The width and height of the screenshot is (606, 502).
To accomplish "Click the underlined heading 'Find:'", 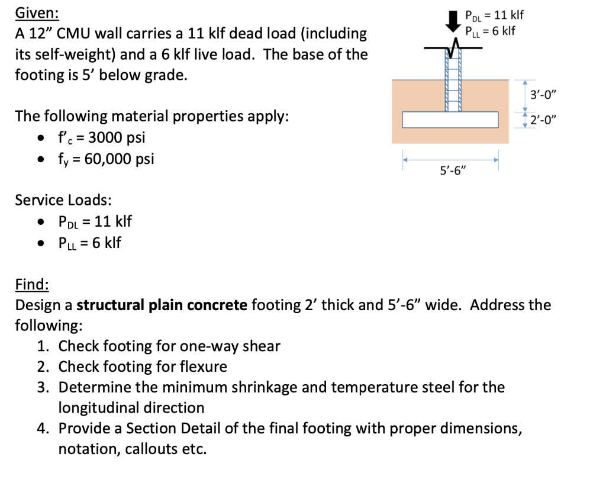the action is click(x=32, y=285).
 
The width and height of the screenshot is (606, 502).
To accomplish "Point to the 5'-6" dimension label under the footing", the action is click(x=453, y=172).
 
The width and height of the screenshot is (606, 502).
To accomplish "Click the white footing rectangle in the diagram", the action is click(x=451, y=120).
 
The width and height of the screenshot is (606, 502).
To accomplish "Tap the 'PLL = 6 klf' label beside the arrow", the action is click(x=491, y=30).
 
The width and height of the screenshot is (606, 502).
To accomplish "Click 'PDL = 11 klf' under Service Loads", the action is click(x=95, y=221).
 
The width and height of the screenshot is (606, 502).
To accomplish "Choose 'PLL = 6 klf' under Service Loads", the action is click(x=89, y=243).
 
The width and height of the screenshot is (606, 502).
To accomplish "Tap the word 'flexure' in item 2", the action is click(x=202, y=367).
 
